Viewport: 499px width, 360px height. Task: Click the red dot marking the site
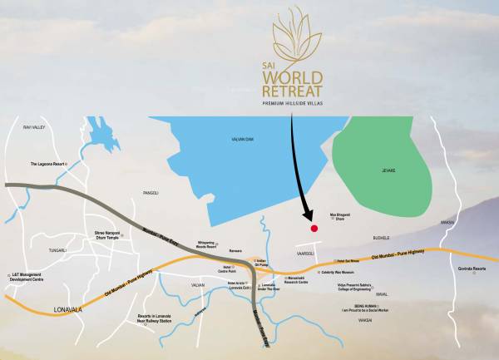coord(314,228)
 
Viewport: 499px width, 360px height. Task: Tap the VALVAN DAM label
coord(243,139)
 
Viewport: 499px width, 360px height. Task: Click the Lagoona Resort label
coord(47,164)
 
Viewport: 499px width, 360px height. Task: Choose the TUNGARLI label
coord(57,248)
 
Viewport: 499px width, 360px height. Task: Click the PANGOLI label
coord(151,192)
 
